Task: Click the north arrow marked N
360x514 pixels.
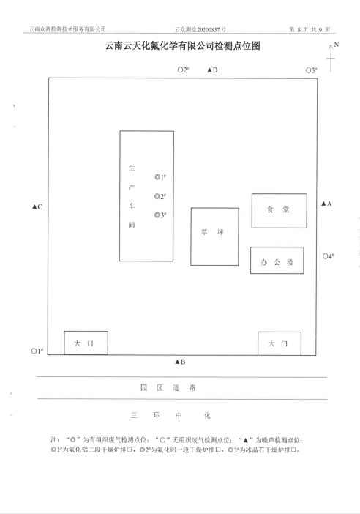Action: (331, 58)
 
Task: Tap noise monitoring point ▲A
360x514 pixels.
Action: (326, 204)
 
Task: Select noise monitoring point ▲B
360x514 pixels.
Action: (180, 362)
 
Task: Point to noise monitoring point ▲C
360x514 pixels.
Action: (37, 207)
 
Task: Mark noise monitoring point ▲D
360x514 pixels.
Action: (212, 70)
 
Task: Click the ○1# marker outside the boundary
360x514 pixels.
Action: (37, 351)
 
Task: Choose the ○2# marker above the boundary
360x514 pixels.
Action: (183, 70)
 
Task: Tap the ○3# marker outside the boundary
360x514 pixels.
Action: (311, 70)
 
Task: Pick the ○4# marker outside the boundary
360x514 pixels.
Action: (329, 256)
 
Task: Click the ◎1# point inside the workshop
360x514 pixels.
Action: (160, 177)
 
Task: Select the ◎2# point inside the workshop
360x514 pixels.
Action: (160, 196)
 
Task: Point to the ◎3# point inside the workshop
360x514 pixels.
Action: (160, 215)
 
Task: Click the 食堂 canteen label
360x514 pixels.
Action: (278, 209)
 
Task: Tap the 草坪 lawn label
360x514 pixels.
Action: (212, 232)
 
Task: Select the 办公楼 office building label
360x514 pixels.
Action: (277, 262)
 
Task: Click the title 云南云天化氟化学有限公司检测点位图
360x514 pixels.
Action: (183, 45)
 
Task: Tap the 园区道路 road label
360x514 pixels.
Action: (168, 388)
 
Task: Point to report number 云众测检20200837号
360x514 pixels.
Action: (200, 29)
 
